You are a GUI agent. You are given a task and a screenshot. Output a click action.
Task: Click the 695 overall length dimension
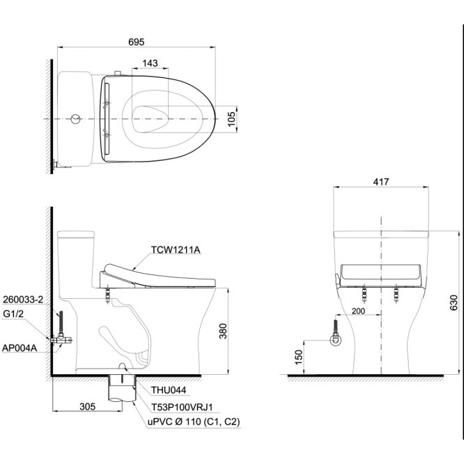pos(136,42)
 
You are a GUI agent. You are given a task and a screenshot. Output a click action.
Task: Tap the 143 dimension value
pos(150,63)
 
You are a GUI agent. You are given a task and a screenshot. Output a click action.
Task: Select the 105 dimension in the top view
pos(232,118)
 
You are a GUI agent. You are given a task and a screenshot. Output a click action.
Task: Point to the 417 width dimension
pos(381,182)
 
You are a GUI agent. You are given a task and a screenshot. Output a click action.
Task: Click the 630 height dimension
pos(454,302)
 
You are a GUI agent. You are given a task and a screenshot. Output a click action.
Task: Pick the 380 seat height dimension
pos(223,331)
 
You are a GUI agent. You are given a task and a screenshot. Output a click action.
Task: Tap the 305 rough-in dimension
pos(88,406)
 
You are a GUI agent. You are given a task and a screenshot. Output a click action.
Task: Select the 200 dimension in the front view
pos(358,311)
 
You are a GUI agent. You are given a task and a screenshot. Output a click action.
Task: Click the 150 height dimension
pos(299,357)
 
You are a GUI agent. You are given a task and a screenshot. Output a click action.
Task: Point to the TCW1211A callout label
pos(176,250)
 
